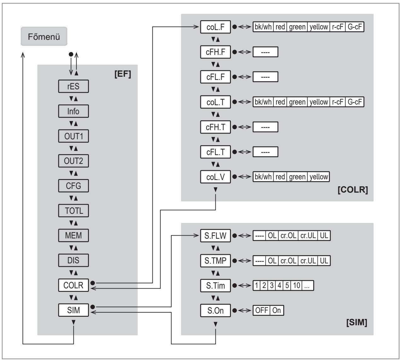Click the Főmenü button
(44, 36)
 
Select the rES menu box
(74, 86)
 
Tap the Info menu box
(74, 111)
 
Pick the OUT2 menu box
(74, 161)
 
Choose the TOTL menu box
(74, 211)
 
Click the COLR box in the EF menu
(74, 285)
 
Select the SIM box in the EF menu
(74, 310)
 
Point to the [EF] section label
(123, 74)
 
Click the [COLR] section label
(353, 189)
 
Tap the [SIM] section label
(357, 322)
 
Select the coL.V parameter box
(215, 177)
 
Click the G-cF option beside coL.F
(355, 27)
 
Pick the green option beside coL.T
(297, 102)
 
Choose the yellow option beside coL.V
(318, 177)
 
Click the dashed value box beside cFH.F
(265, 52)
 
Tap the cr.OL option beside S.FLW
(288, 236)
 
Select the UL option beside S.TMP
(324, 261)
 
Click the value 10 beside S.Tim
(297, 285)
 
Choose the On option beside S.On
(277, 310)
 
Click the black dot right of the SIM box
(93, 307)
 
